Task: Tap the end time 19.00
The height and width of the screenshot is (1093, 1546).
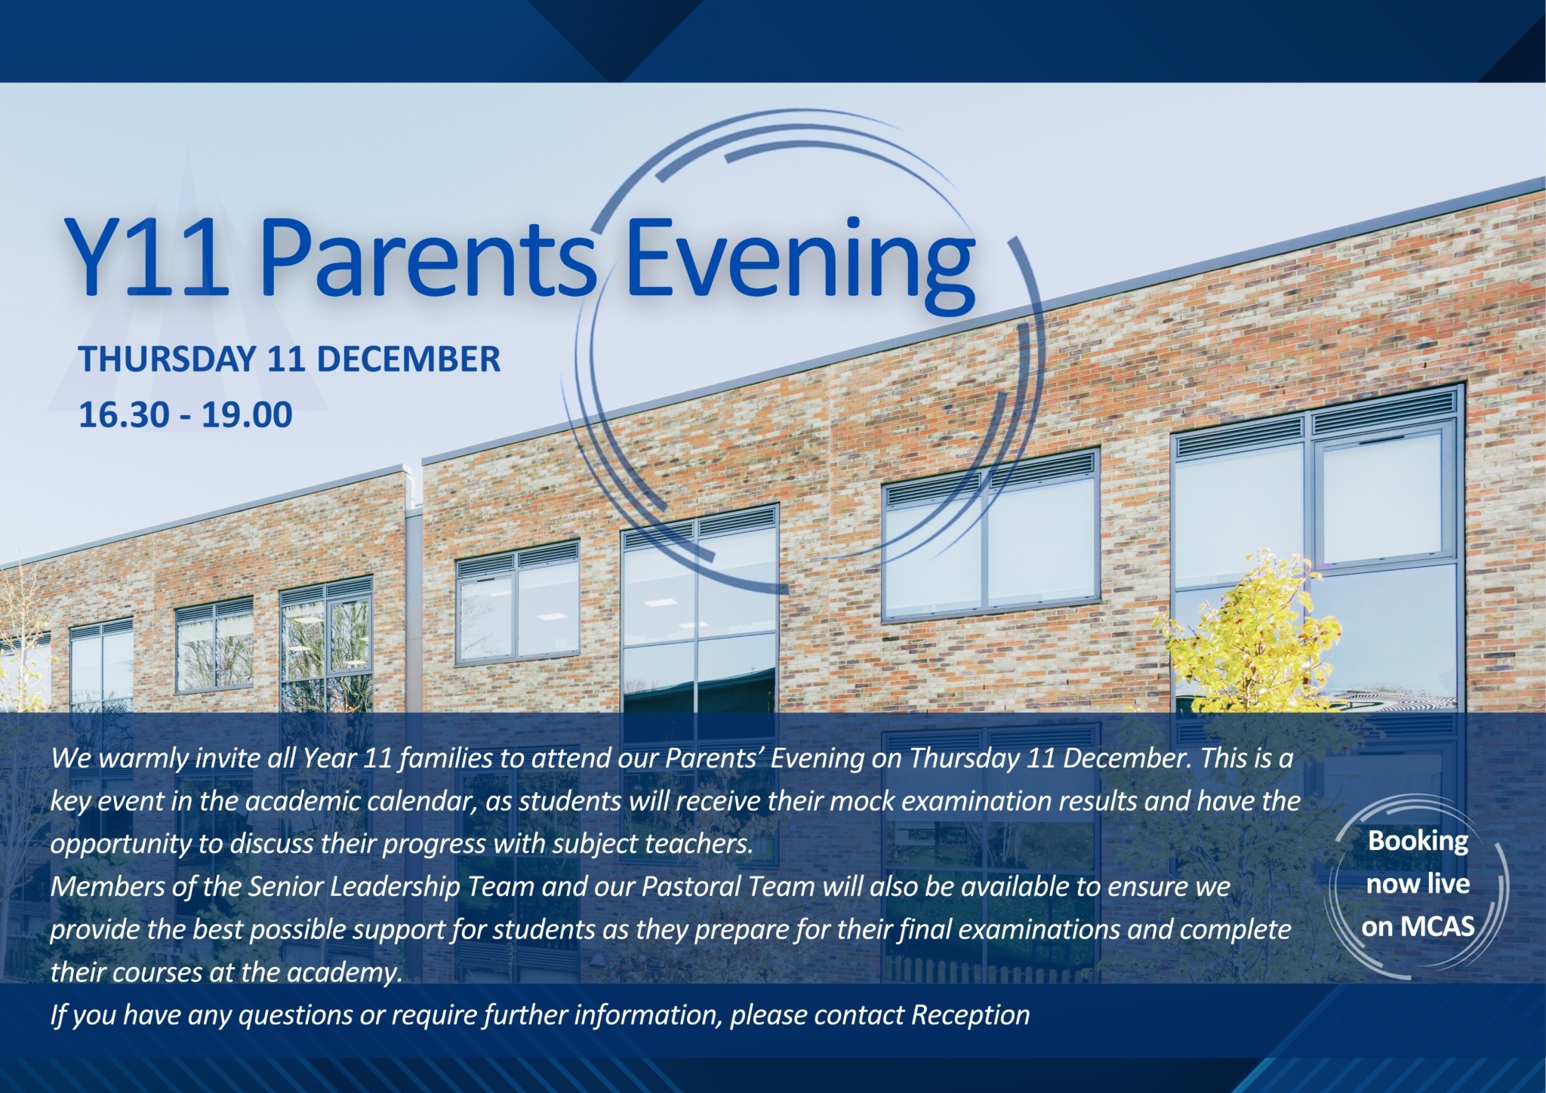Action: coord(247,415)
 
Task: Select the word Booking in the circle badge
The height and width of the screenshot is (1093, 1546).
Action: coord(1418,842)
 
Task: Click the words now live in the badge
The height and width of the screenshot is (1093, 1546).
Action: coord(1418,883)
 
